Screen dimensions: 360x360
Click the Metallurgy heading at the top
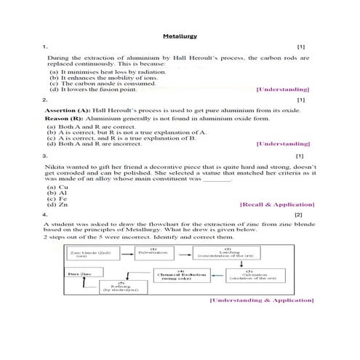[x=179, y=35]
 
